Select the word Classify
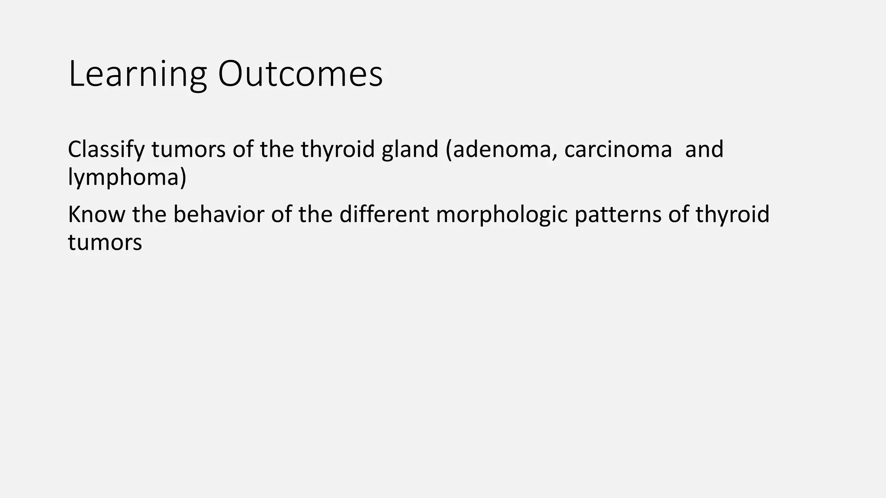point(106,150)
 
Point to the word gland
point(410,150)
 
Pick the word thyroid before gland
point(337,150)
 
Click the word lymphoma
point(123,177)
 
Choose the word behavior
point(218,214)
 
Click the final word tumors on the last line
point(105,242)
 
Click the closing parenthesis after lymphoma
point(183,177)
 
